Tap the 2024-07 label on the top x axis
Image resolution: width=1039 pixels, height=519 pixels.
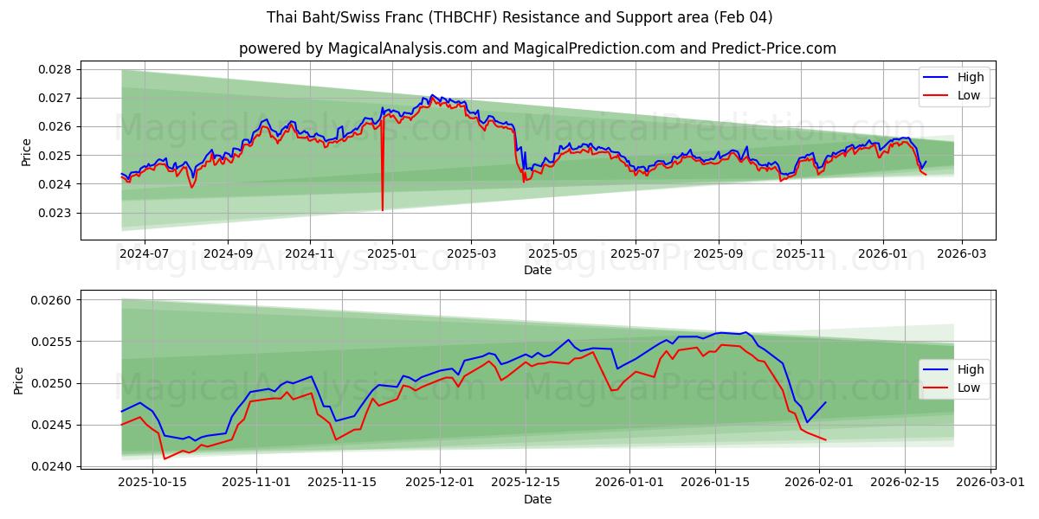[144, 254]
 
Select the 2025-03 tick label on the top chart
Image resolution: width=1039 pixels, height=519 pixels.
[471, 254]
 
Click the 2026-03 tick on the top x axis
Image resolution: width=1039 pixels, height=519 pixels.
[962, 254]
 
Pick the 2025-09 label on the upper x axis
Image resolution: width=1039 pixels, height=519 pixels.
[718, 254]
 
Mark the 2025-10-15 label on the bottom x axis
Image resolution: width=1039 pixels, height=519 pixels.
[153, 483]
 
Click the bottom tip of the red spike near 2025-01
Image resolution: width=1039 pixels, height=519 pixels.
[382, 210]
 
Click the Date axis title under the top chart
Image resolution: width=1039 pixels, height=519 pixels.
[538, 270]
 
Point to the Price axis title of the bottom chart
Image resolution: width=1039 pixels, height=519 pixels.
[19, 380]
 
